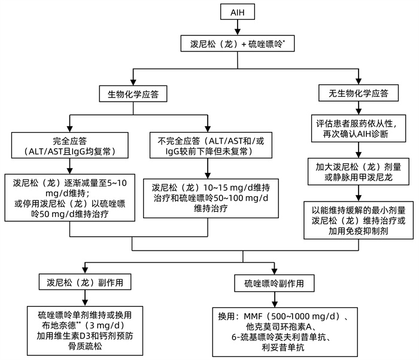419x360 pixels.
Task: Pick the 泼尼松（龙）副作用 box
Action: point(84,282)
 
